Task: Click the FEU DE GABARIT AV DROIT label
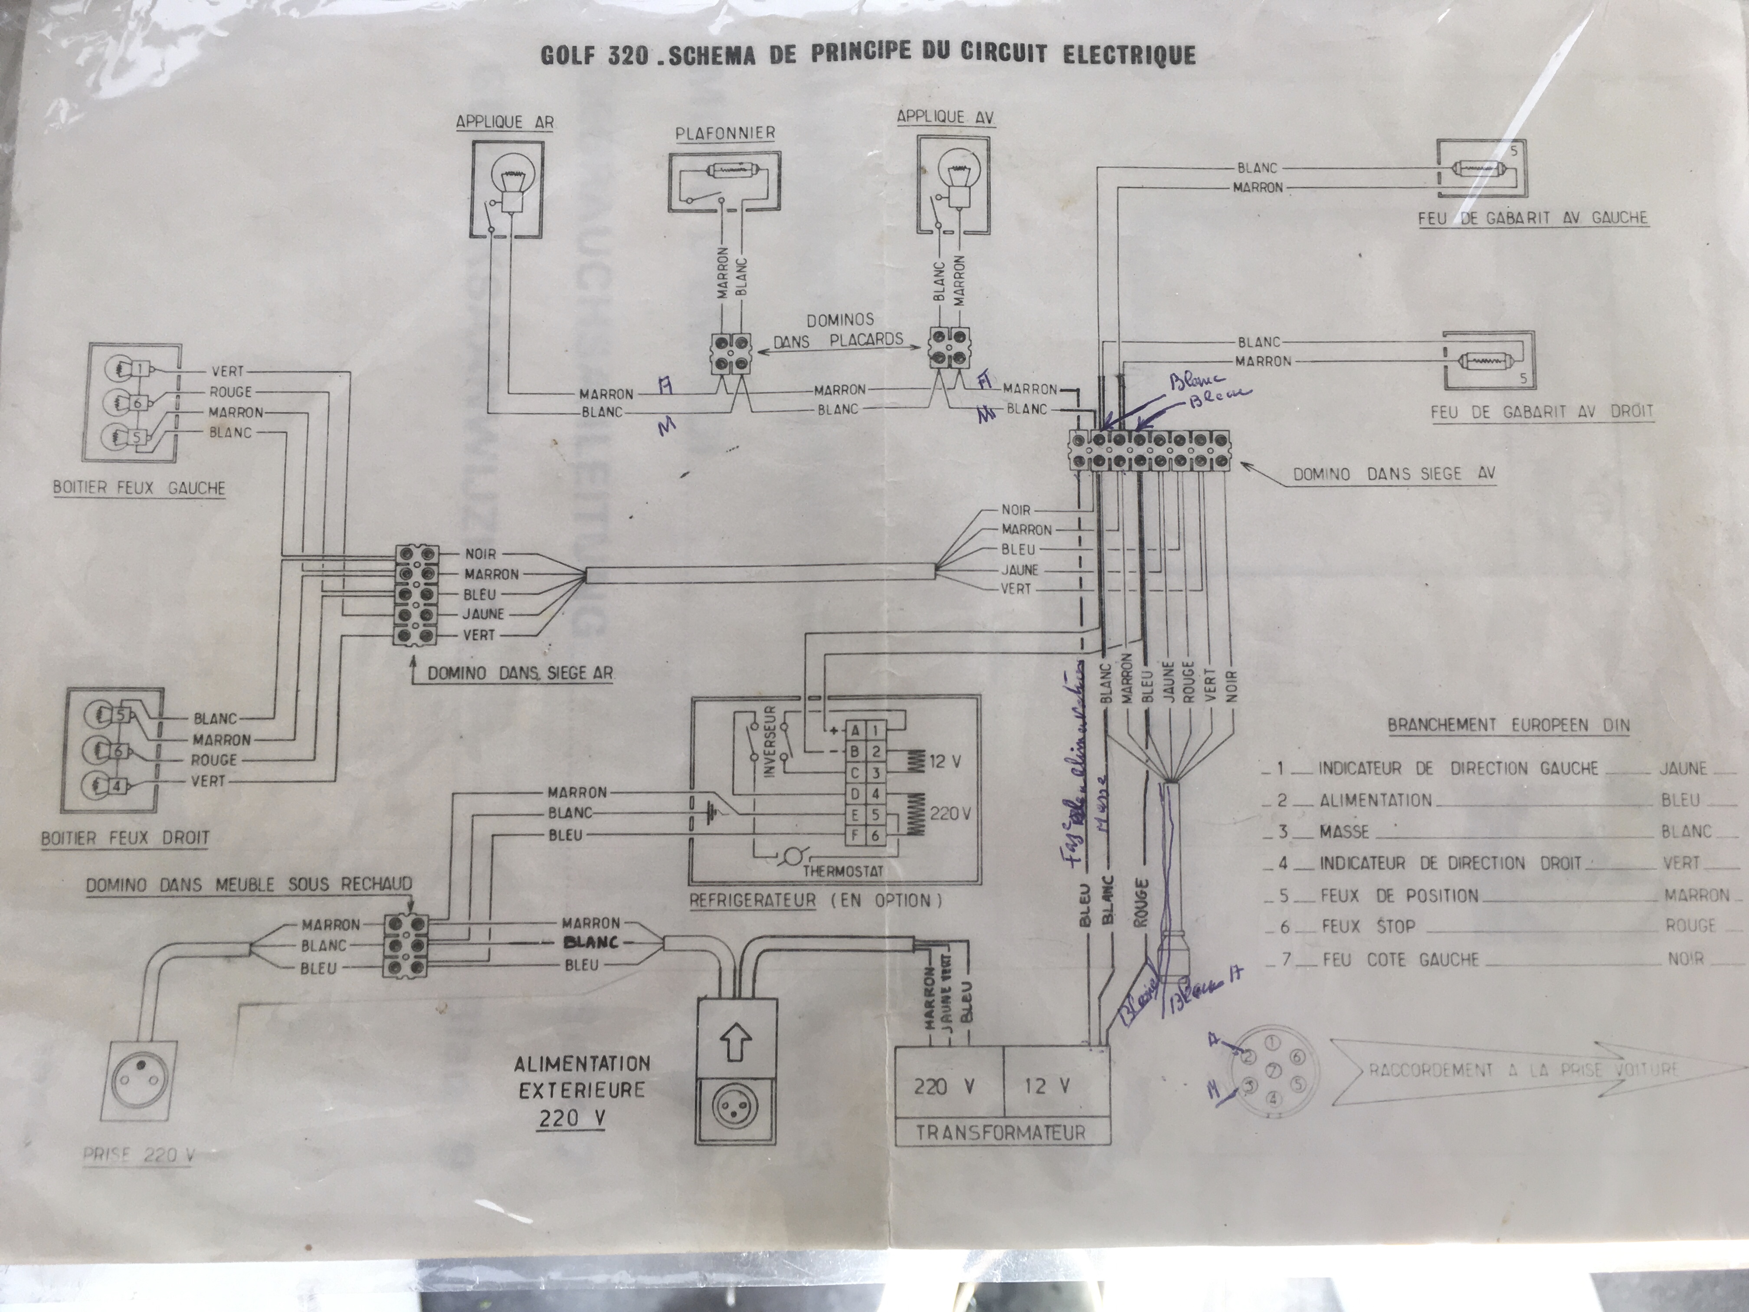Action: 1542,411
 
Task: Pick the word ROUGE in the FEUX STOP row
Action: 1690,925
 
